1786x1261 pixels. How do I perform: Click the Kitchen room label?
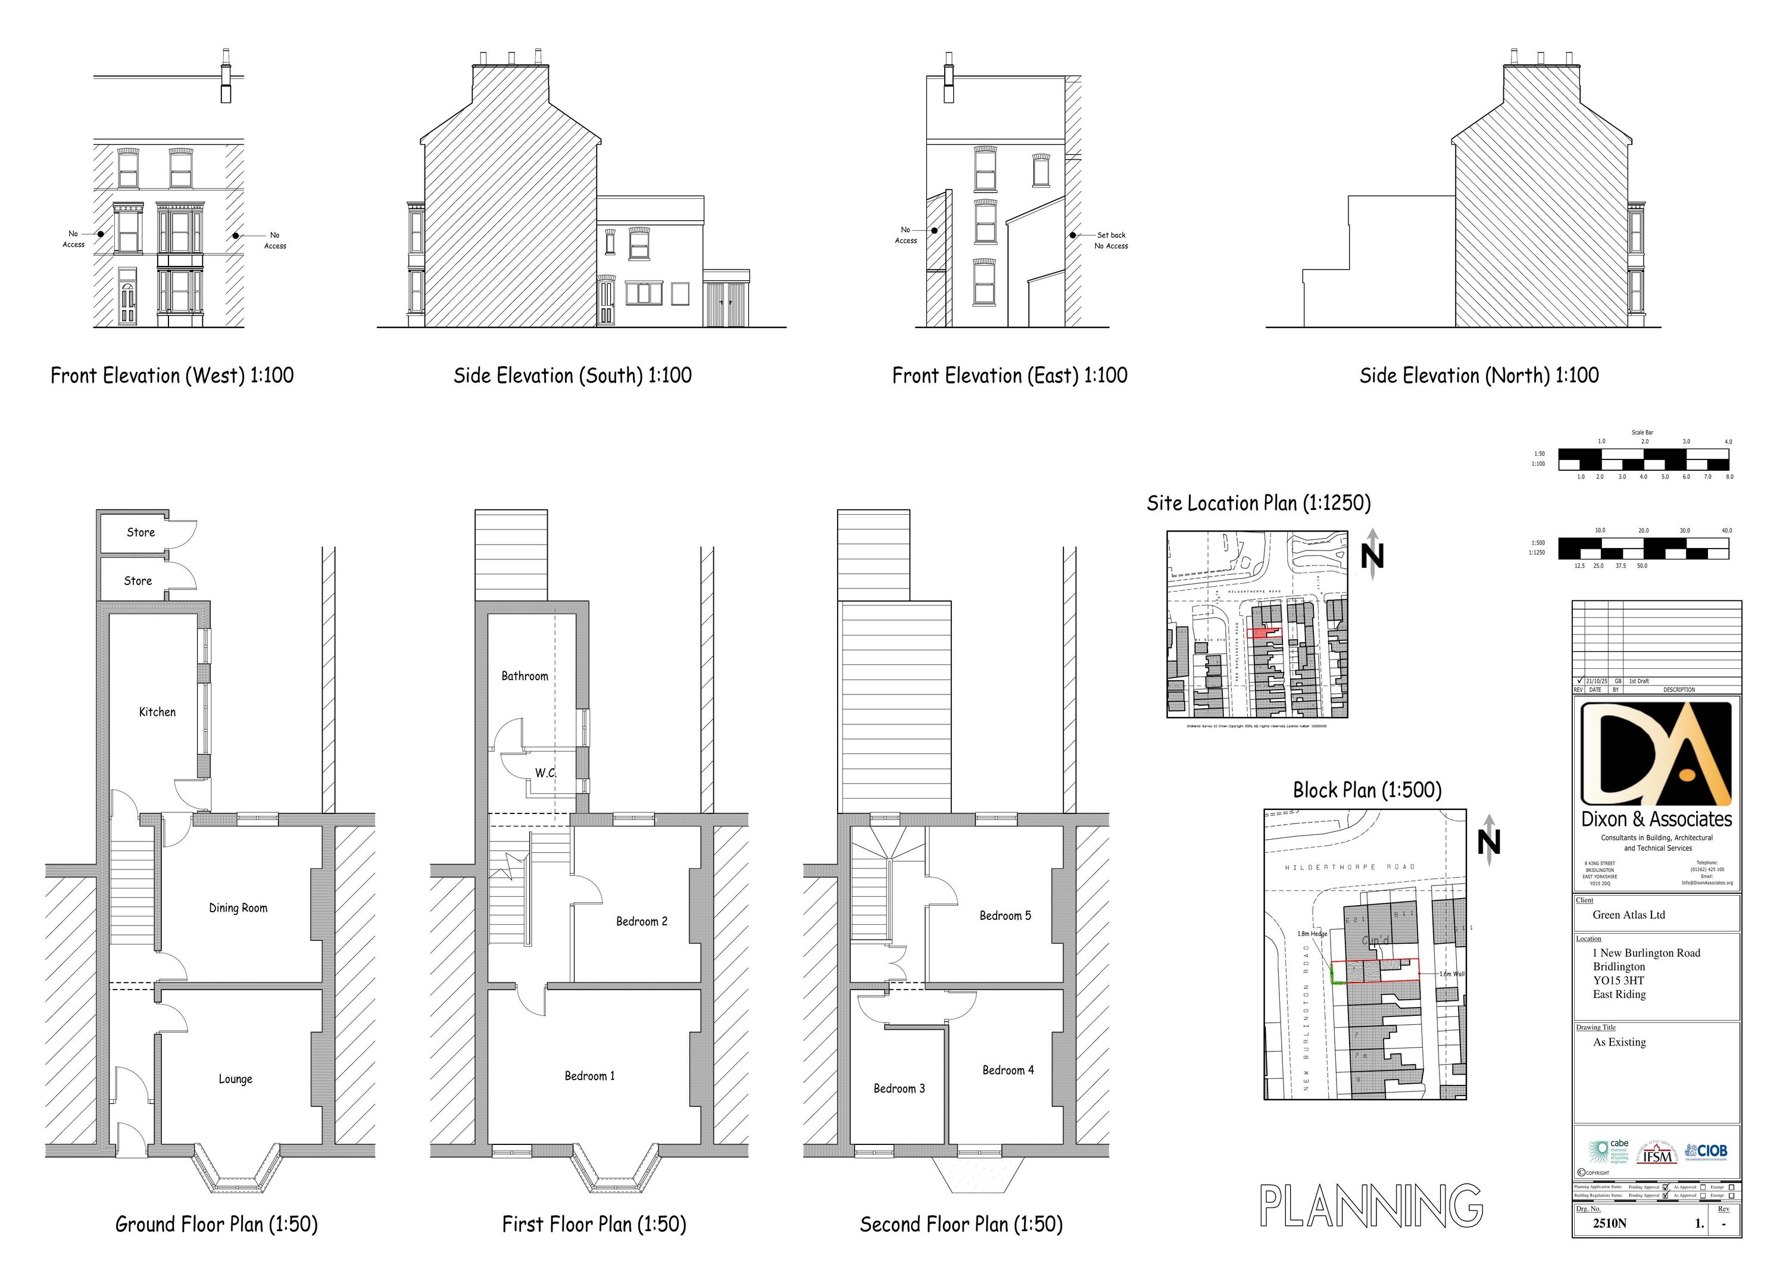[157, 712]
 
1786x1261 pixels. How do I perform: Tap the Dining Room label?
[238, 908]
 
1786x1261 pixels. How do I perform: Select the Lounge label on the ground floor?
[235, 1079]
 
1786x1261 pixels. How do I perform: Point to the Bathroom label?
[524, 677]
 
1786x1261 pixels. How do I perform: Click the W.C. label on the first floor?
[545, 773]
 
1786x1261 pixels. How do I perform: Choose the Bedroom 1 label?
[589, 1076]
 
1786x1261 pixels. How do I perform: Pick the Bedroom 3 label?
[899, 1088]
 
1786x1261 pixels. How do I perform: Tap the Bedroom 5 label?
[1005, 916]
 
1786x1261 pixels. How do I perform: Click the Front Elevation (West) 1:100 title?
[172, 376]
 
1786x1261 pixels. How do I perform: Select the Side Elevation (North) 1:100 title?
[1479, 376]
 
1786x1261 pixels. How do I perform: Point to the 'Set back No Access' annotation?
[1111, 240]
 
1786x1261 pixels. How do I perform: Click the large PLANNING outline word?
[1370, 1207]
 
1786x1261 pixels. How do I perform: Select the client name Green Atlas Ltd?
[1628, 915]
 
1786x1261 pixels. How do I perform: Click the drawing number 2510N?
[1609, 1223]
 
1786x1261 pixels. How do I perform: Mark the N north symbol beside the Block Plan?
[1489, 842]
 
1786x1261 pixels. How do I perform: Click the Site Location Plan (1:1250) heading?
[1259, 504]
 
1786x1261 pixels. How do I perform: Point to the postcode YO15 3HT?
[1618, 980]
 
